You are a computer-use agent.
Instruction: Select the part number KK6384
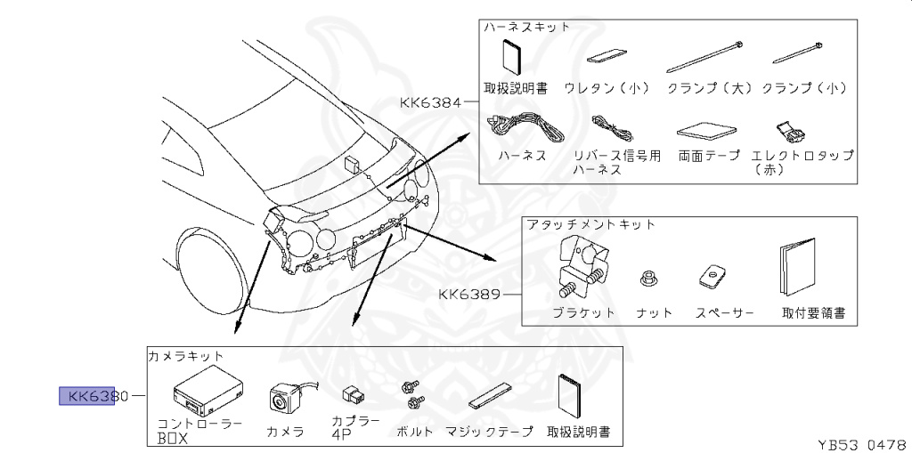tap(431, 102)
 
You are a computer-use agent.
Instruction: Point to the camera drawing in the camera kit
tap(284, 397)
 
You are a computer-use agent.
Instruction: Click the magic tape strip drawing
tap(491, 397)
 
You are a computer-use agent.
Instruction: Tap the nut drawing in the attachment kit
tap(649, 278)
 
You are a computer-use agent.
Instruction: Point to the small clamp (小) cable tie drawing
tap(802, 53)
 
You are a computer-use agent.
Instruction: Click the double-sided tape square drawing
tap(706, 132)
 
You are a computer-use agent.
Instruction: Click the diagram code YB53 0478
tap(861, 442)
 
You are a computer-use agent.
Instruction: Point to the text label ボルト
tap(415, 432)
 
